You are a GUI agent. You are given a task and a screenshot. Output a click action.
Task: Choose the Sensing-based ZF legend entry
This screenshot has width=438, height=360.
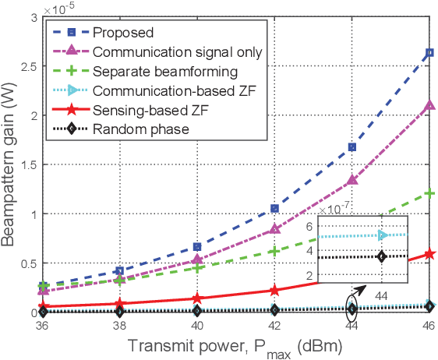(141, 110)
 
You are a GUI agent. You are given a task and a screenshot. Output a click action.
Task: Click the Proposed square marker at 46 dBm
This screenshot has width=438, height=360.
(429, 53)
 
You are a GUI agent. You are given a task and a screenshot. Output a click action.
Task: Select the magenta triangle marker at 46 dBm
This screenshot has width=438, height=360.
(429, 105)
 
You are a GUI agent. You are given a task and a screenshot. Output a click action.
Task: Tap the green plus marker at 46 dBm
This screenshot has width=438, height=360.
(429, 193)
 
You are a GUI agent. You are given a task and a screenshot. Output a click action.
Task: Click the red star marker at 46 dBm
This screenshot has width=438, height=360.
(429, 254)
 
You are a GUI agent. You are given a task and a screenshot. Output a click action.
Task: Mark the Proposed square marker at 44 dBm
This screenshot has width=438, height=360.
(351, 146)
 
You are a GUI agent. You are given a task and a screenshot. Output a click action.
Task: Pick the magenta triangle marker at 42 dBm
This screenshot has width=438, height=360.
(274, 229)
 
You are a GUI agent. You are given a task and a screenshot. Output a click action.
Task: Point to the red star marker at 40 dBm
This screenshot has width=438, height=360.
(197, 298)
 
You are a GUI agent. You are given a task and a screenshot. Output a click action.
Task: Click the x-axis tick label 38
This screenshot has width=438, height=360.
(120, 326)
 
